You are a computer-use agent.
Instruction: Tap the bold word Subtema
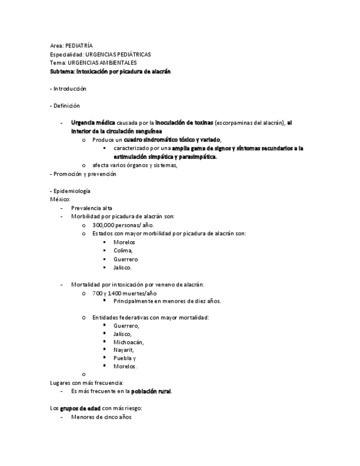coord(62,71)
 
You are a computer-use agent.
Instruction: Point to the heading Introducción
coord(70,88)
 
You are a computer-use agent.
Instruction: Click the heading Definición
coord(67,106)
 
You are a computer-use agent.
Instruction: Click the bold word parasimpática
coord(196,157)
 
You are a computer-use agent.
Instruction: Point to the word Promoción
coord(67,174)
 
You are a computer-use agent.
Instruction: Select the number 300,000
coord(103,225)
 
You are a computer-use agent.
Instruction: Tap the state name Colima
coord(123,251)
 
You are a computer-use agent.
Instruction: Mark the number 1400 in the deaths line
coord(115,293)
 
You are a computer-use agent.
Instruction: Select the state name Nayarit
coord(124,350)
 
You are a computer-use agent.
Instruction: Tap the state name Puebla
coord(123,358)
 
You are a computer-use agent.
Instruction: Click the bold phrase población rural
coord(151,391)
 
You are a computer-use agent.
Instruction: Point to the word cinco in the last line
coord(108,417)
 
